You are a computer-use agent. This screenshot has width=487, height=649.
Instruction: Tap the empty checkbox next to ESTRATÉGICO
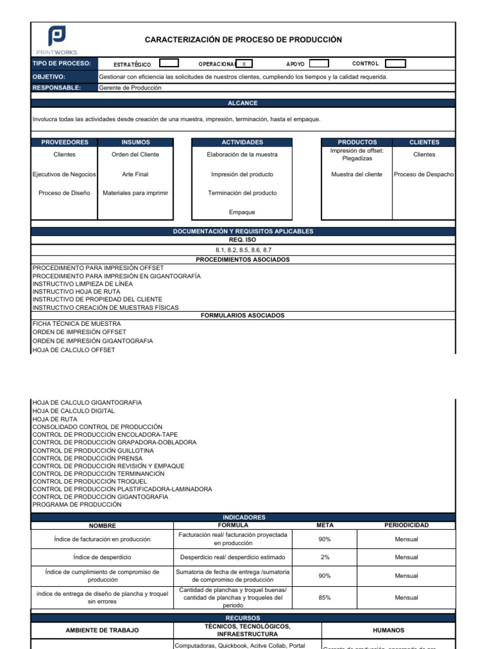pos(169,63)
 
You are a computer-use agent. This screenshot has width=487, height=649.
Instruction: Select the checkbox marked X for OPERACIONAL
pos(244,63)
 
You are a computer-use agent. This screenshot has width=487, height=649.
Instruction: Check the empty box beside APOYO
pos(318,63)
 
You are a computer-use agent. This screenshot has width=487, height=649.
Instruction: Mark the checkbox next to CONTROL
pos(396,63)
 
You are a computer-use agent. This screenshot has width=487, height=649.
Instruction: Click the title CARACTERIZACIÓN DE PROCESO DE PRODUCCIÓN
pos(243,40)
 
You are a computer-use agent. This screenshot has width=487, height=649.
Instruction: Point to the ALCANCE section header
pos(243,103)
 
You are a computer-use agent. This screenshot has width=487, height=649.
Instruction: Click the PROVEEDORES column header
pos(65,143)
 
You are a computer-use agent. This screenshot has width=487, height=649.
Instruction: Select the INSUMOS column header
pos(131,143)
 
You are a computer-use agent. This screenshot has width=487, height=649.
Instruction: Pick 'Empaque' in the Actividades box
pos(242,212)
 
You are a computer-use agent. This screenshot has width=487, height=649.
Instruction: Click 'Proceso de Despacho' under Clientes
pos(424,174)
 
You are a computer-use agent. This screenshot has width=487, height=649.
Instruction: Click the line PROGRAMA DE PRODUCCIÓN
pos(77,505)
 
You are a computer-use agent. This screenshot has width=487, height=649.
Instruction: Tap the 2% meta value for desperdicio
pos(325,557)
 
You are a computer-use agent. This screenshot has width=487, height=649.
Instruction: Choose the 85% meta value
pos(325,597)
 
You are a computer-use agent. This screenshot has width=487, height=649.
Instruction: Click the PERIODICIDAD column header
pos(406,525)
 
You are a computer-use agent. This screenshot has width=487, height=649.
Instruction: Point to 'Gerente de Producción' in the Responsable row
pos(131,88)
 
